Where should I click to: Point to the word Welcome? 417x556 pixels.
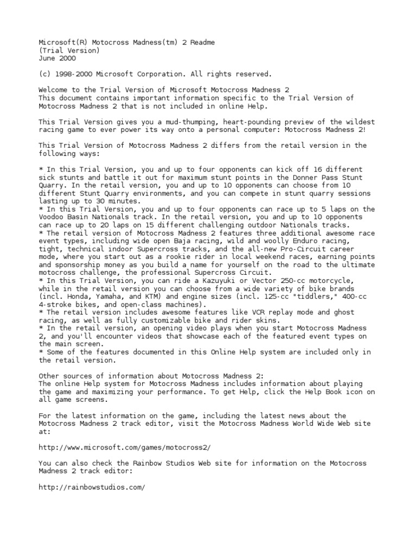(x=54, y=90)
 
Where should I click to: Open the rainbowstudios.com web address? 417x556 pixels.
(x=92, y=487)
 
